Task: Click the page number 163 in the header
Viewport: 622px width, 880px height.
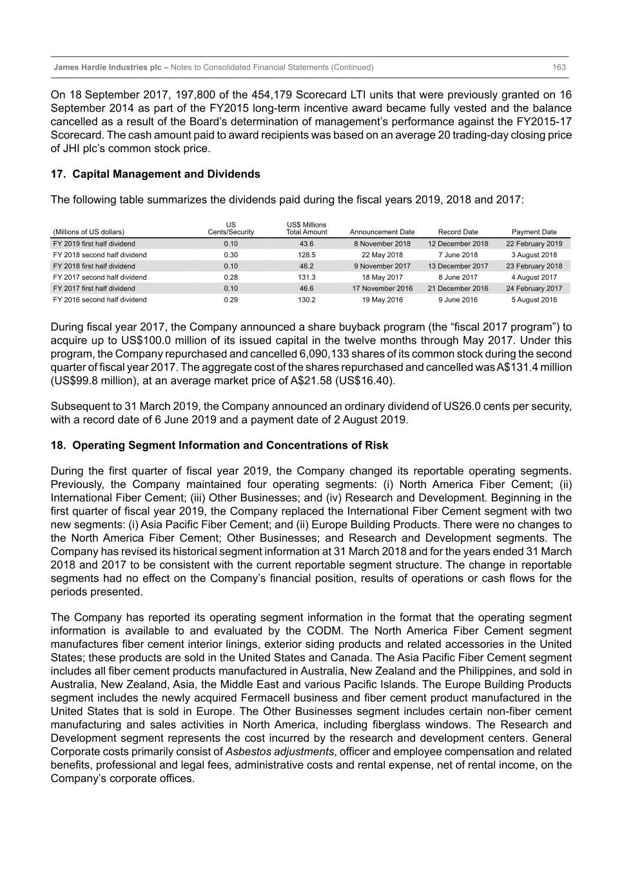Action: click(559, 67)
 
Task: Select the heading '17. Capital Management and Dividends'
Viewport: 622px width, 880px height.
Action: click(155, 174)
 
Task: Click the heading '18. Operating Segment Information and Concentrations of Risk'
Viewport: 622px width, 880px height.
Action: click(219, 445)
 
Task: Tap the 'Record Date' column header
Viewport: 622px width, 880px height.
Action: click(458, 232)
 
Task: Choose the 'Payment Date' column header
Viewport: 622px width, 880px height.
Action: click(534, 232)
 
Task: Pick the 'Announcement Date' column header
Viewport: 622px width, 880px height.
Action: click(382, 232)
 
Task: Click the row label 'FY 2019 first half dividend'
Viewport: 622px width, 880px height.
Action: click(94, 244)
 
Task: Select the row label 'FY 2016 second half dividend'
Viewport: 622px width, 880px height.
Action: click(100, 300)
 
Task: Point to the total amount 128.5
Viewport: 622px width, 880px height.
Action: click(306, 255)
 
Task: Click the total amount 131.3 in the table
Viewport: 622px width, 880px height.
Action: click(306, 277)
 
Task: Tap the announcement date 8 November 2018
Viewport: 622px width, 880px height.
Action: click(382, 244)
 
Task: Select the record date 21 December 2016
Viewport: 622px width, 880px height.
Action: click(458, 288)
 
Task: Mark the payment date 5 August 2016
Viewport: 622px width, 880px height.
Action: click(534, 300)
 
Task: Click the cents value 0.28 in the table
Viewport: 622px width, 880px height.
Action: click(231, 277)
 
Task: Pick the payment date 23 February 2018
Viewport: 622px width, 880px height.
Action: click(534, 266)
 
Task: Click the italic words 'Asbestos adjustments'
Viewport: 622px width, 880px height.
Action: click(280, 752)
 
